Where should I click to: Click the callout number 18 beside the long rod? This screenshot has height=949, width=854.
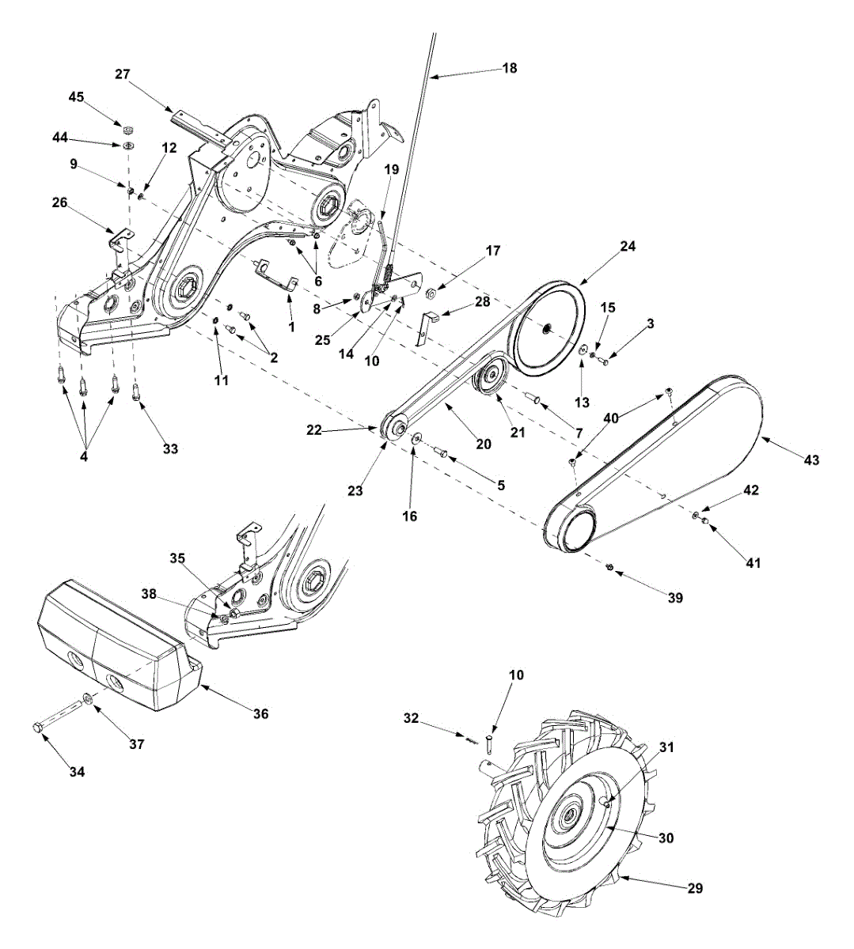coord(510,68)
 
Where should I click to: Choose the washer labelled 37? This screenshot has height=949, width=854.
coord(87,700)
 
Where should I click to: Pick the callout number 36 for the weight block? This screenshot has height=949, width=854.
coord(261,713)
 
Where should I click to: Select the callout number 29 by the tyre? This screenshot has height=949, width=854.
coord(694,888)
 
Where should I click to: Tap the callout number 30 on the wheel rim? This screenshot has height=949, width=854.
coord(666,837)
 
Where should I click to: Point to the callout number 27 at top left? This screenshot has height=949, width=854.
coord(122,74)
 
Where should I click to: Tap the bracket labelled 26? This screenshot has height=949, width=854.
coord(120,238)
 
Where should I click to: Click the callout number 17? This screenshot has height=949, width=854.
coord(493,251)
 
